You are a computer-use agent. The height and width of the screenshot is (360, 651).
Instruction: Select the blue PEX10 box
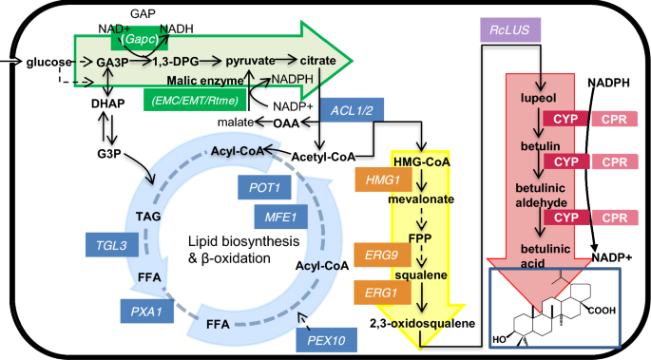coord(321,339)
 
